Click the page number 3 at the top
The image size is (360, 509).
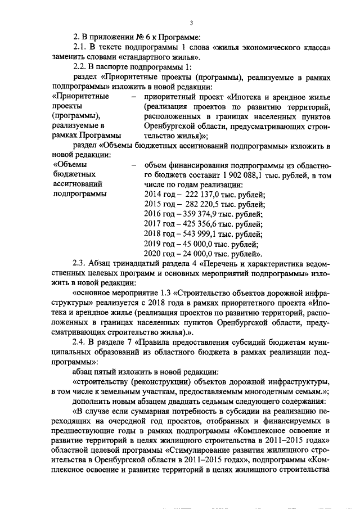[x=191, y=22]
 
